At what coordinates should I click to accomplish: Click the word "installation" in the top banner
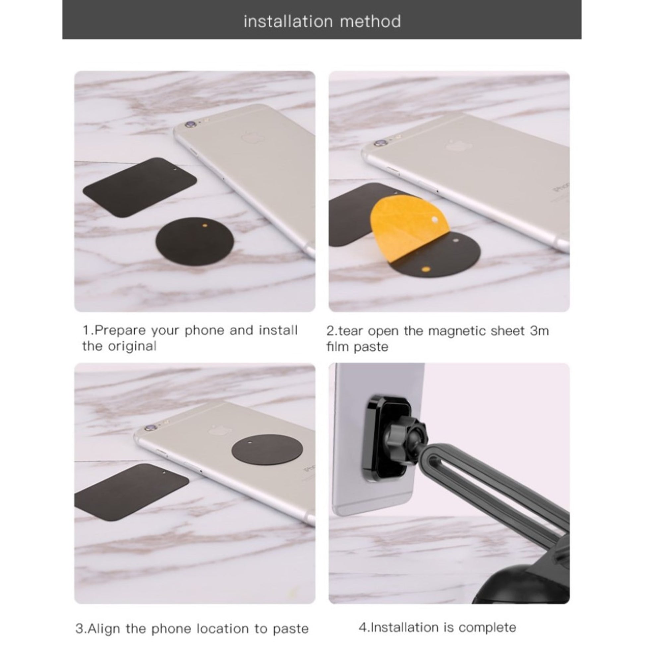tap(288, 21)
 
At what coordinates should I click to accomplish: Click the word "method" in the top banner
tap(371, 21)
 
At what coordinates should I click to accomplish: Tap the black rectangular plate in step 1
tap(140, 188)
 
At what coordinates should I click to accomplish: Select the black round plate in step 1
tap(195, 241)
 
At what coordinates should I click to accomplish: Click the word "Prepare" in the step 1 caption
tap(121, 331)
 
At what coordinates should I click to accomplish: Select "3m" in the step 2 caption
tap(539, 331)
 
